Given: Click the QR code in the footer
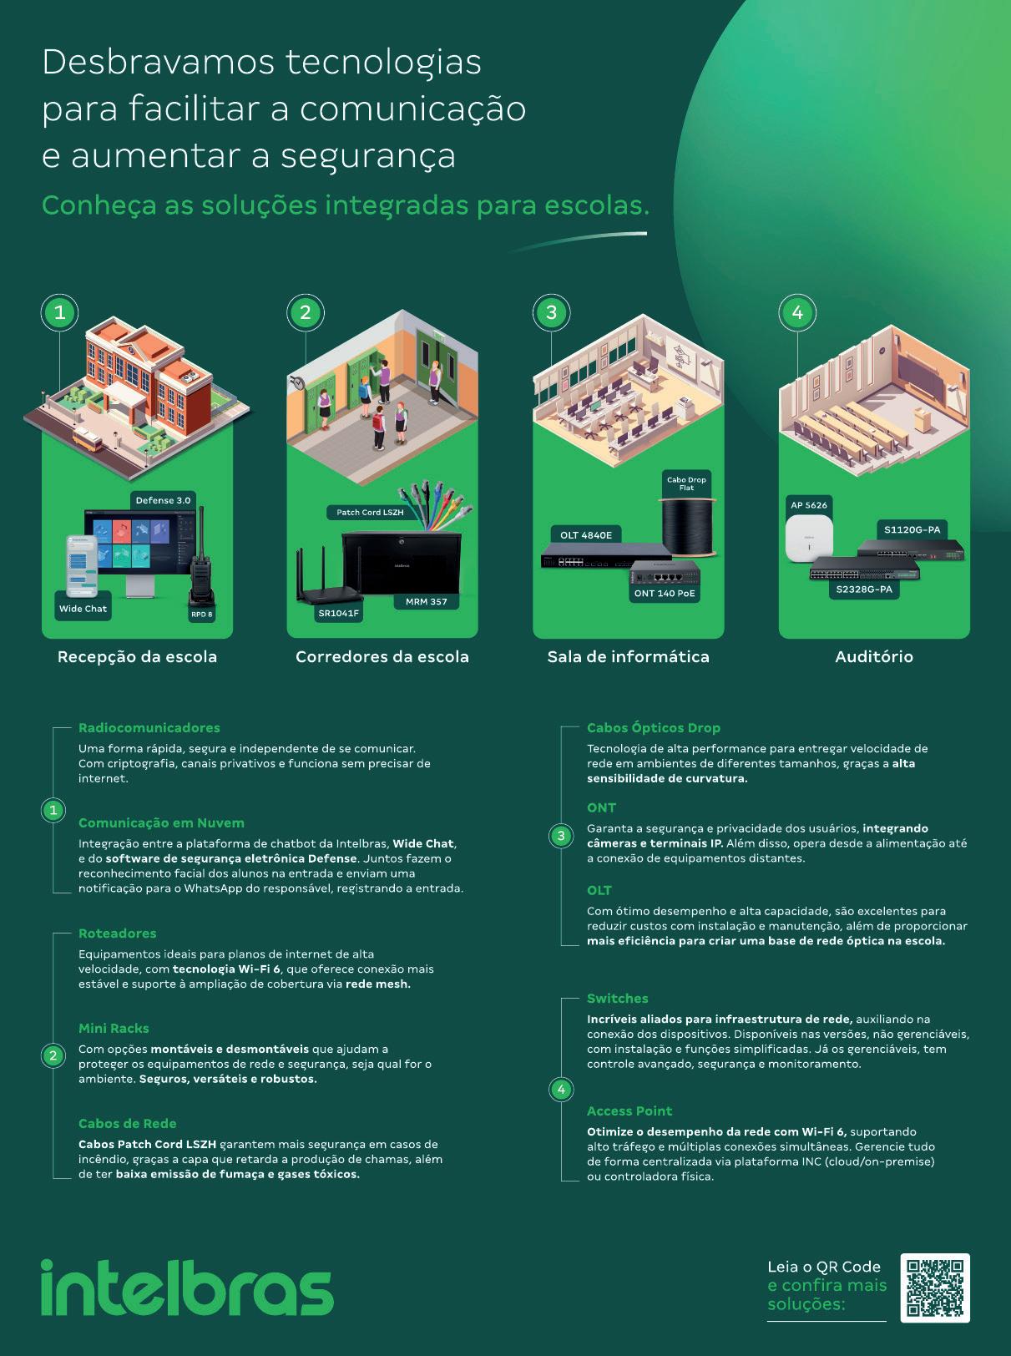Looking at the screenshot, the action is pyautogui.click(x=934, y=1288).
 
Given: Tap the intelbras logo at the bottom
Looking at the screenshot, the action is pyautogui.click(x=187, y=1288).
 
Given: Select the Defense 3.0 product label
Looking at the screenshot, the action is pyautogui.click(x=163, y=500).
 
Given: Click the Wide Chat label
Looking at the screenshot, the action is pyautogui.click(x=83, y=609).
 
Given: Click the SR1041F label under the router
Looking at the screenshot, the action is pyautogui.click(x=338, y=613).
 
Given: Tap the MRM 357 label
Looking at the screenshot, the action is pyautogui.click(x=426, y=601).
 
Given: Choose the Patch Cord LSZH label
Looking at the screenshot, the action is pyautogui.click(x=370, y=512).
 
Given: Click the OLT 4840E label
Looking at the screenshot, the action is pyautogui.click(x=585, y=535).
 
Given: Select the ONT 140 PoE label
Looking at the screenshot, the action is pyautogui.click(x=665, y=594).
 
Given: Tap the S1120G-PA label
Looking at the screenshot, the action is pyautogui.click(x=912, y=529).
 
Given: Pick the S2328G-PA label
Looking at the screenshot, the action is pyautogui.click(x=864, y=589).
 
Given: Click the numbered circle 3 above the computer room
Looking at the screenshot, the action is pyautogui.click(x=551, y=313).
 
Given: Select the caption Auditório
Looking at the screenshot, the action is pyautogui.click(x=874, y=657).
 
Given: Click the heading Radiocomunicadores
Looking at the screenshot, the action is pyautogui.click(x=149, y=728).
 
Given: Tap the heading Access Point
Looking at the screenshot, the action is pyautogui.click(x=629, y=1111).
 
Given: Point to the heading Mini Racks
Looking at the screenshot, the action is pyautogui.click(x=114, y=1029).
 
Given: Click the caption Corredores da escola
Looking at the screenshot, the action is pyautogui.click(x=382, y=657).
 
